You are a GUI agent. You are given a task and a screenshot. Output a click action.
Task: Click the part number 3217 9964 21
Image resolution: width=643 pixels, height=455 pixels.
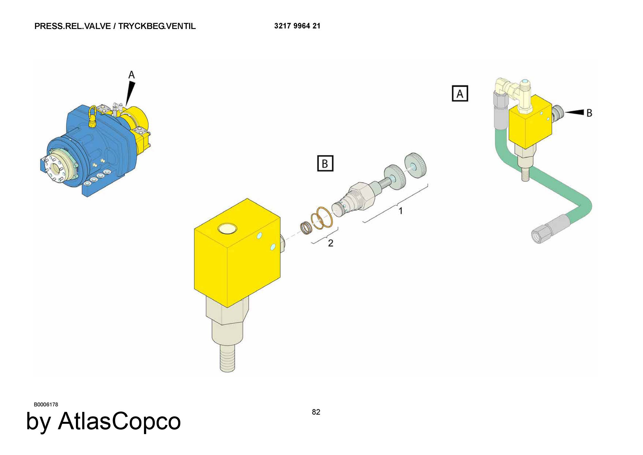pos(297,26)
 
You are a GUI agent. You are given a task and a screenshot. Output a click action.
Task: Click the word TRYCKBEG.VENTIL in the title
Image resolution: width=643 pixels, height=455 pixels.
pos(157,26)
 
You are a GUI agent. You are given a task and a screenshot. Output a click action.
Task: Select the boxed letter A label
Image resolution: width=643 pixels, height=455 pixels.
pos(460,93)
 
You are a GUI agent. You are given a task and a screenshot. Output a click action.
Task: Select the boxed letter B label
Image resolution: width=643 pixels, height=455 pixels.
pos(325,163)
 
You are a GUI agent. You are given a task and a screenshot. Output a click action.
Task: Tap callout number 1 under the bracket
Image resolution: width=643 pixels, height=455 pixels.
pos(401,211)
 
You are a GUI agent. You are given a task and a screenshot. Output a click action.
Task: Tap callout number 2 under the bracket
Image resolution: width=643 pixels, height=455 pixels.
pos(331,243)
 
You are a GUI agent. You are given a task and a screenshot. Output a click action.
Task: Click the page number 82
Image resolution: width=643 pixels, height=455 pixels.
pos(316,412)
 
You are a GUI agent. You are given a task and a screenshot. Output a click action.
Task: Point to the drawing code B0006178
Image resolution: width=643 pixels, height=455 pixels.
pos(46,404)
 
